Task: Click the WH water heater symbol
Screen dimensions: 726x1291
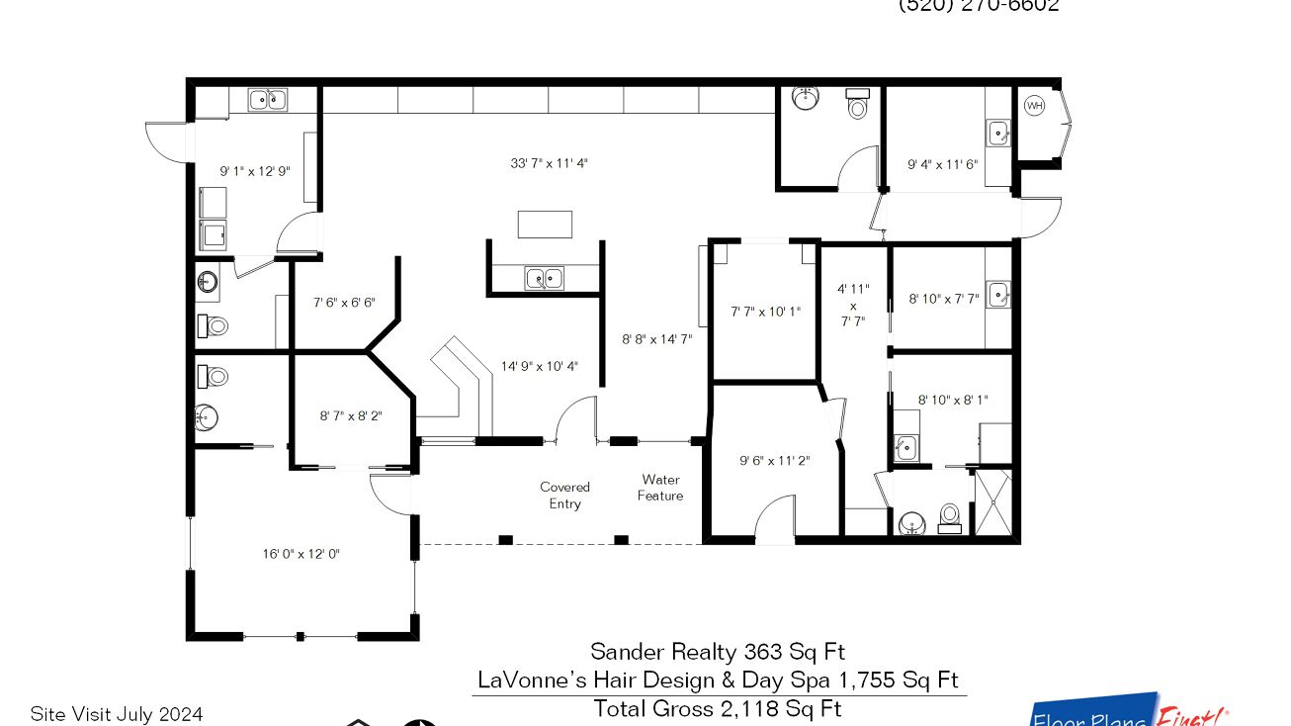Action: point(1034,106)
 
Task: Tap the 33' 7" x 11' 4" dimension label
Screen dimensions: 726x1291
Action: point(549,163)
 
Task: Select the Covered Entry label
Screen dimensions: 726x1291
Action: point(564,496)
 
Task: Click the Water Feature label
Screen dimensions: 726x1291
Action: point(660,488)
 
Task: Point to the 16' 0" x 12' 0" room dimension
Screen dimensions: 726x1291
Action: point(301,554)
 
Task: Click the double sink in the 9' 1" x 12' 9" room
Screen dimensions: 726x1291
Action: point(264,99)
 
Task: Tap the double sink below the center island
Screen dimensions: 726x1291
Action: point(544,278)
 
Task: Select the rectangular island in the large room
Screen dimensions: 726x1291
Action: point(545,224)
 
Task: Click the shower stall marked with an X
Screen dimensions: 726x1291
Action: point(992,501)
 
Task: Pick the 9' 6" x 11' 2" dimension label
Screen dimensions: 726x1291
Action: point(774,460)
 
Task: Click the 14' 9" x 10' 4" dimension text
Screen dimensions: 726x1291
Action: point(539,366)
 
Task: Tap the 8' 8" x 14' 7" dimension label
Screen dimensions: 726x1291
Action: point(656,339)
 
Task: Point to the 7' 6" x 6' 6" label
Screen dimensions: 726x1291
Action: point(344,303)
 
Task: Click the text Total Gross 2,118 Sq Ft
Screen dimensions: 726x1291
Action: point(717,708)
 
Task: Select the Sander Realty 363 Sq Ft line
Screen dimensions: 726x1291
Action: point(718,651)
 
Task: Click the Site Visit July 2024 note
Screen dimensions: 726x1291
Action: point(117,713)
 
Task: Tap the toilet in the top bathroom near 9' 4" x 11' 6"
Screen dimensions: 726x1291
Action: point(857,103)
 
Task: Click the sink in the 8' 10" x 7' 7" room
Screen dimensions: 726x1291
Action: point(997,294)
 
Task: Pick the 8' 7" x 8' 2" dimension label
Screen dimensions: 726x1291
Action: point(351,416)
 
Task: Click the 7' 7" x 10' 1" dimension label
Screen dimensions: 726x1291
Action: point(765,312)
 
